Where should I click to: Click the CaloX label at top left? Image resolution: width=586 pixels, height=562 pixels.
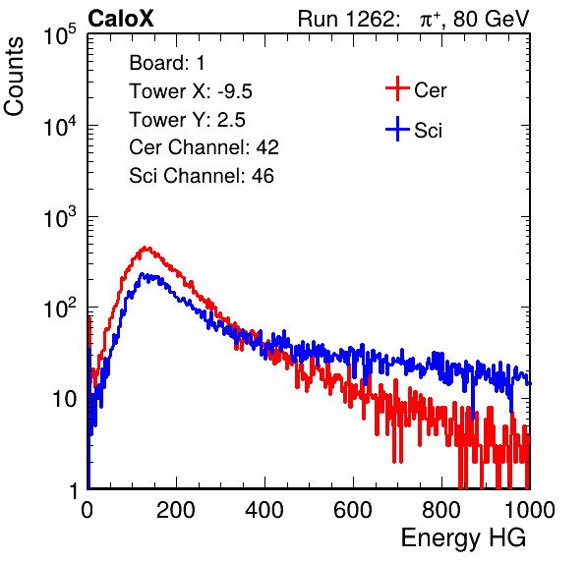click(121, 19)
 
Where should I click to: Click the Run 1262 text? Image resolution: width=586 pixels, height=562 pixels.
click(346, 19)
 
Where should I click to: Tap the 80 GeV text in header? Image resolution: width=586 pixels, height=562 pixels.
click(492, 19)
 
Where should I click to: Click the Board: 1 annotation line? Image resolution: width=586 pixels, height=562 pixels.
click(167, 63)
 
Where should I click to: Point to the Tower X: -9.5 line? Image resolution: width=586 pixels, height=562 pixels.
click(191, 91)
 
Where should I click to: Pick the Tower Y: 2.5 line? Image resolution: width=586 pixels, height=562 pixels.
click(187, 120)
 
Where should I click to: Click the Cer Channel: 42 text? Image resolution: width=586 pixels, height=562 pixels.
click(205, 147)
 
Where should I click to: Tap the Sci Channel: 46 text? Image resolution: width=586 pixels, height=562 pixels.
click(202, 176)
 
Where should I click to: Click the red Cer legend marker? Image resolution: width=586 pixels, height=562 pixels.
click(397, 88)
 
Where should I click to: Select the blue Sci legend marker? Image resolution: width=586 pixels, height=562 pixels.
click(397, 130)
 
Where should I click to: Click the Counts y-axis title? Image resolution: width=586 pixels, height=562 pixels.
click(14, 77)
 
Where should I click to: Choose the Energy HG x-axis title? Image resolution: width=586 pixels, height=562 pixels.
click(463, 538)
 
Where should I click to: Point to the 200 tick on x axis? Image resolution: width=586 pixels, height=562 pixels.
click(176, 510)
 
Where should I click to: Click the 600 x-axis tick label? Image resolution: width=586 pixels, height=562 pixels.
click(353, 510)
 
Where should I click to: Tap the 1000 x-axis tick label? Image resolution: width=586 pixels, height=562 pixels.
click(530, 510)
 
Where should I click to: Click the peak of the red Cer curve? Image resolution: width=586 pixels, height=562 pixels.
click(146, 248)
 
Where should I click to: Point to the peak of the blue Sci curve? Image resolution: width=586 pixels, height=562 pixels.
click(142, 274)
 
